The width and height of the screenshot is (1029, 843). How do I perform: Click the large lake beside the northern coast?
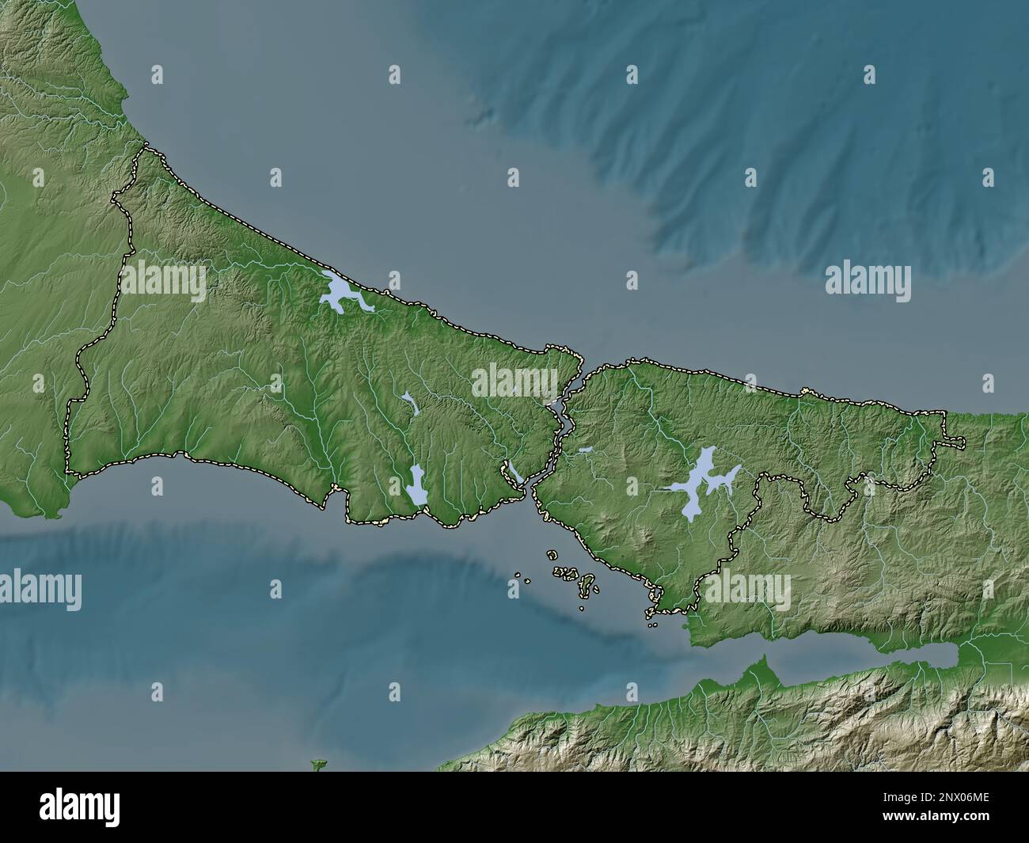[x=337, y=294]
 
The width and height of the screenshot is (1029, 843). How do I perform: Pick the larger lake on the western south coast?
[x=416, y=485]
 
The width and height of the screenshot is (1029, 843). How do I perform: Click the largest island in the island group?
[x=587, y=586]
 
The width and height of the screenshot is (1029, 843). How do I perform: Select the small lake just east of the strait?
[x=585, y=450]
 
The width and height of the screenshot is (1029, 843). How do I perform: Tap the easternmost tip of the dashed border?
[x=963, y=442]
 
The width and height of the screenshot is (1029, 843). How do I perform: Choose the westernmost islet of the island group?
[x=516, y=575]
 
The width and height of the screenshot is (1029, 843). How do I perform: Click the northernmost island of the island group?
[x=552, y=556]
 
